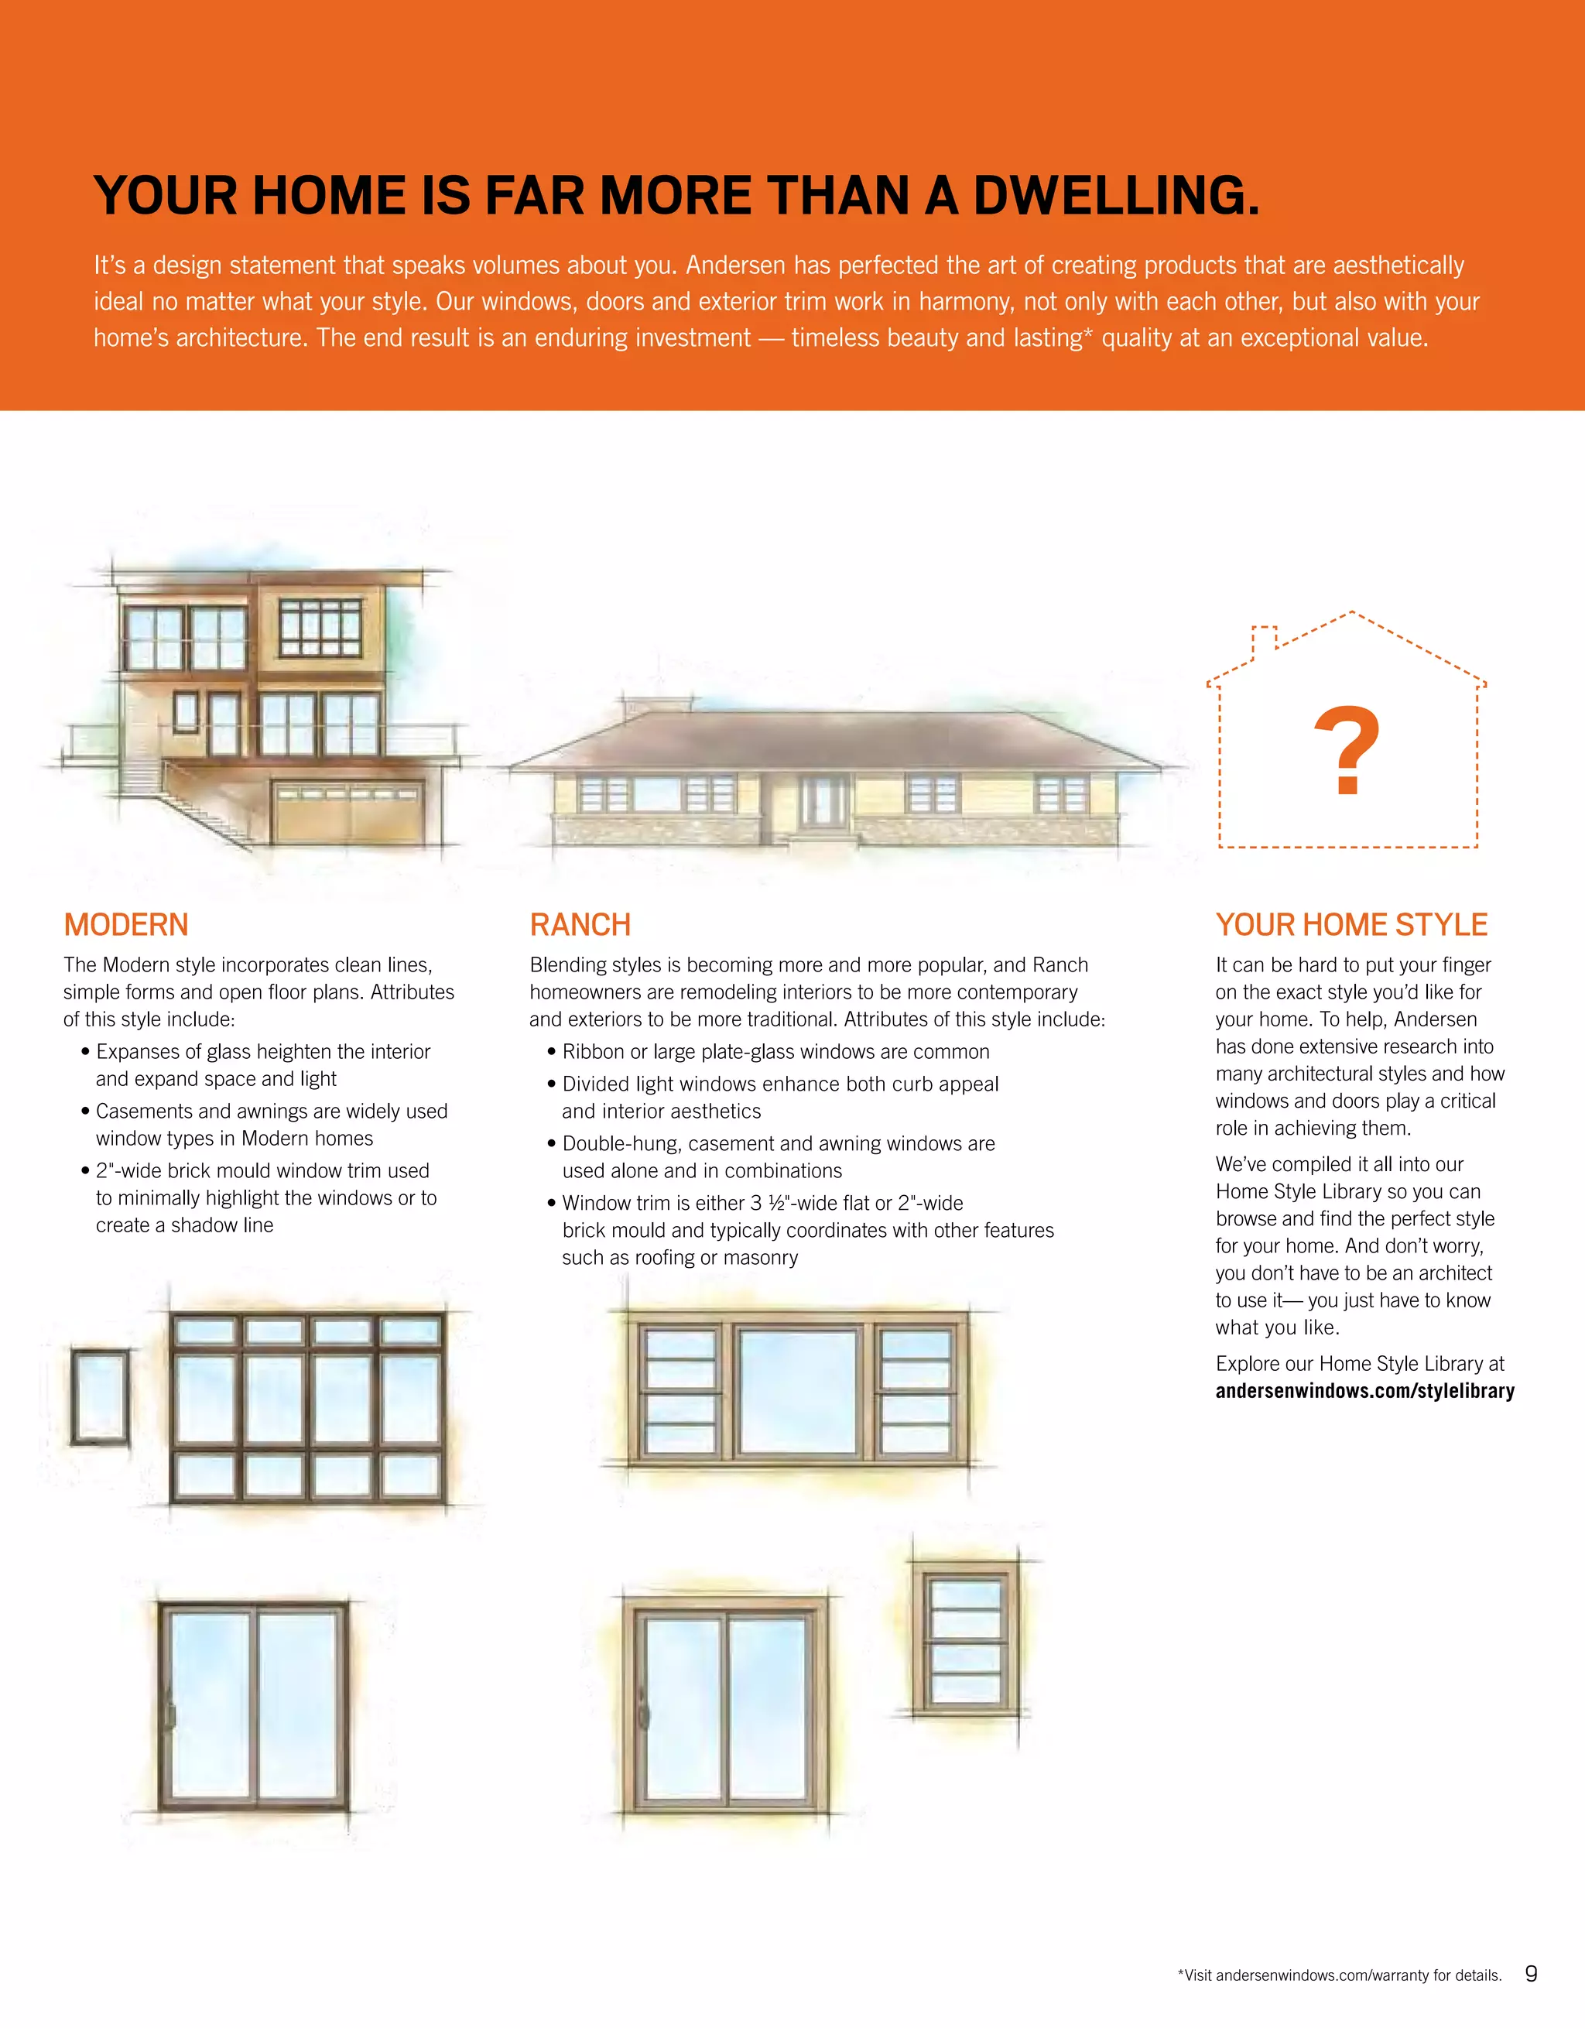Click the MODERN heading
(126, 925)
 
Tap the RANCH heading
(580, 925)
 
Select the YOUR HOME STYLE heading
(1351, 925)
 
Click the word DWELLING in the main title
(1116, 196)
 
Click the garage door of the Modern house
(349, 814)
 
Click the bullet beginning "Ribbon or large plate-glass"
(776, 1052)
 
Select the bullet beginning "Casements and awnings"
(271, 1125)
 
